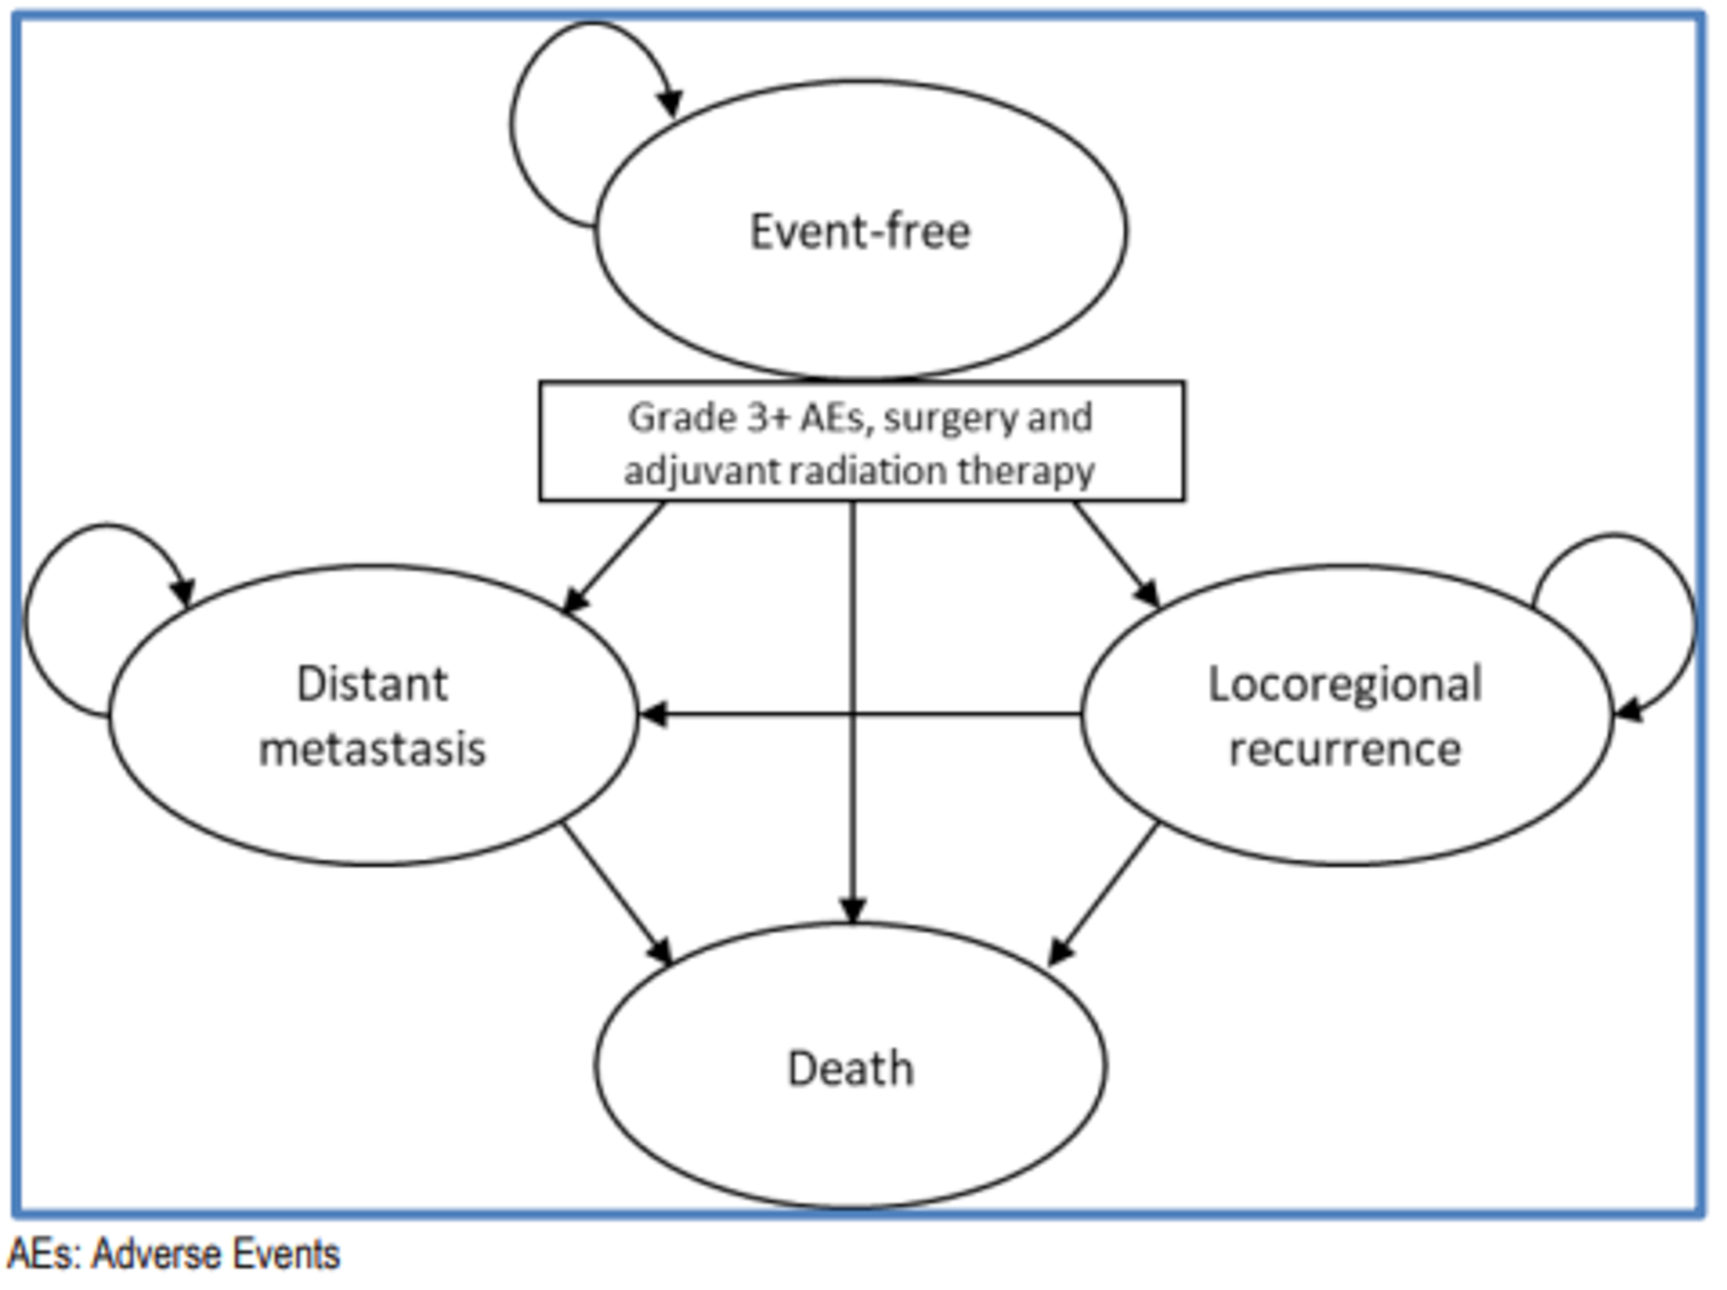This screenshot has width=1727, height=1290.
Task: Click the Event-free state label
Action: pos(859,232)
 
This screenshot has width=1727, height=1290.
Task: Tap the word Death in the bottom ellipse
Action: pos(851,1069)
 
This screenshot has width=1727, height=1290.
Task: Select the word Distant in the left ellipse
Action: pos(372,684)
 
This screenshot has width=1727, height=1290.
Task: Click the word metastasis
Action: pos(372,748)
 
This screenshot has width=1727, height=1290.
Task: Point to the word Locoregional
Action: pos(1345,684)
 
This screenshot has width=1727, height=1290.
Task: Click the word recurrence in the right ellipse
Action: pos(1345,748)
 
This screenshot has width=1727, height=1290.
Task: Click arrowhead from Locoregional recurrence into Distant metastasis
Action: pos(654,714)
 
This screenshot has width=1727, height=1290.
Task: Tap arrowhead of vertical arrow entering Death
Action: pos(852,910)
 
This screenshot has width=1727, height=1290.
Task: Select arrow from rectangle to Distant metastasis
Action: pos(614,558)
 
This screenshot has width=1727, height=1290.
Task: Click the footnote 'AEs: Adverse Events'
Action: pos(174,1254)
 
